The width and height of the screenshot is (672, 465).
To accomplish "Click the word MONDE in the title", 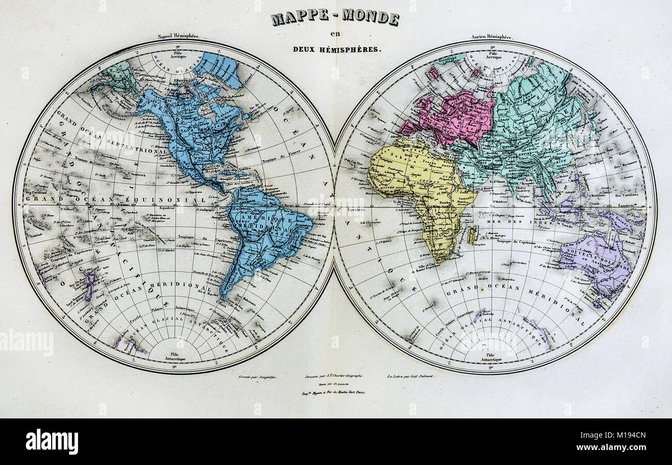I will pyautogui.click(x=371, y=18).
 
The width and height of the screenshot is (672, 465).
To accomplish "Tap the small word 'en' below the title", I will pyautogui.click(x=335, y=35).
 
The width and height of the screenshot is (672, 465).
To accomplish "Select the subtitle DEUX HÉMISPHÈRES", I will pyautogui.click(x=335, y=50).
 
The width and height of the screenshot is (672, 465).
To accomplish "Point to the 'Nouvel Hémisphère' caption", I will pyautogui.click(x=179, y=37).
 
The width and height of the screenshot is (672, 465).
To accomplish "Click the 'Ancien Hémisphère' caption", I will pyautogui.click(x=491, y=37).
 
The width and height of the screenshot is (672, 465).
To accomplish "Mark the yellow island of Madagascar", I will pyautogui.click(x=471, y=235).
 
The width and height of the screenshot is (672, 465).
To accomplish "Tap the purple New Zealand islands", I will pyautogui.click(x=89, y=286).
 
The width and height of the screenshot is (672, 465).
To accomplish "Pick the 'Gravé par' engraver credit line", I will pyautogui.click(x=257, y=377).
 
